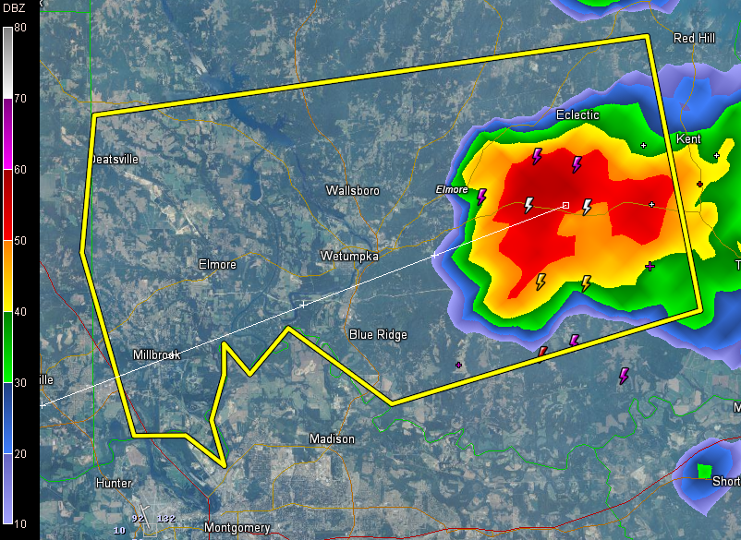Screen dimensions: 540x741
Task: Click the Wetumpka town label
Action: pos(349,256)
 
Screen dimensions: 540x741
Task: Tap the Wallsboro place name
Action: pos(352,190)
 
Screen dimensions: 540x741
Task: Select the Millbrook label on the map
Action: pos(156,354)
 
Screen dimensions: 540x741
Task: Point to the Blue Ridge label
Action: pos(378,334)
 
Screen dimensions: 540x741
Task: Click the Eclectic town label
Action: pos(577,115)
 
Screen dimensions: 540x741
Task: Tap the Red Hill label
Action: pos(695,38)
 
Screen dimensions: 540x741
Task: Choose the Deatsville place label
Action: pos(115,159)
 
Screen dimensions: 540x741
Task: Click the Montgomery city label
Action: pos(237,528)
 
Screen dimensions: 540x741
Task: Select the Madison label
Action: pos(332,439)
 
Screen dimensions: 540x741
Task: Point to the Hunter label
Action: pos(114,483)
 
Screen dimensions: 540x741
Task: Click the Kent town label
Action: pos(688,139)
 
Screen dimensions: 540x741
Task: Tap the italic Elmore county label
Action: pos(452,189)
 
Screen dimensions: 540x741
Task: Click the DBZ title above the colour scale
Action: pos(14,8)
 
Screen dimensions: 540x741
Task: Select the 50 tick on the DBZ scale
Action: pos(19,241)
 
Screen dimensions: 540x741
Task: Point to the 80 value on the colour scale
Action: pos(19,28)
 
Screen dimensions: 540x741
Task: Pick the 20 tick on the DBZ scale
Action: pos(19,453)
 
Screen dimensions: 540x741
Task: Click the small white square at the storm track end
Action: pos(565,206)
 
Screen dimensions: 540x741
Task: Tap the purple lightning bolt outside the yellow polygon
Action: pos(624,376)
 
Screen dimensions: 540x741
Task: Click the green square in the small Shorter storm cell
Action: pos(705,472)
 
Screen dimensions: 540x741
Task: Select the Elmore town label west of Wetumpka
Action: pos(217,265)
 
